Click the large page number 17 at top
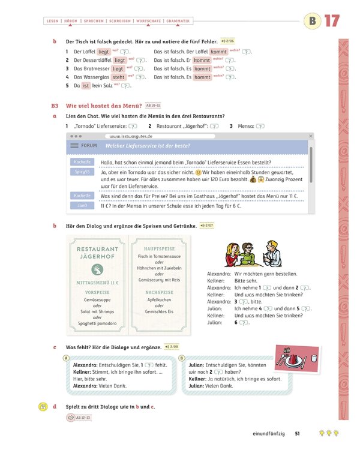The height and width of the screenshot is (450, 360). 332,22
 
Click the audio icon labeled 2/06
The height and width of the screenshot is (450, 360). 229,41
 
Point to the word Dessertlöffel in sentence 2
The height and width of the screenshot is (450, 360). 92,60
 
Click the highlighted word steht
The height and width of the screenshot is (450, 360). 118,77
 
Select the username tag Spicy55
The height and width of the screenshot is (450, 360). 82,172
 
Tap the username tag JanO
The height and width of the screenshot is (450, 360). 82,205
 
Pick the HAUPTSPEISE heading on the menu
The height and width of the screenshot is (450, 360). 159,248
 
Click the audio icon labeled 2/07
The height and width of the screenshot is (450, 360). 206,226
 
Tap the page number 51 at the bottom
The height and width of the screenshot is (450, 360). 296,433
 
